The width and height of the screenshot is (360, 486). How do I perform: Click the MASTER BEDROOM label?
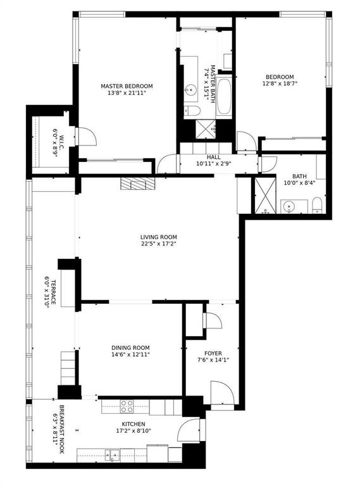pos(127,86)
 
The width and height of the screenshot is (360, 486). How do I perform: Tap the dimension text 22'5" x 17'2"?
pos(158,244)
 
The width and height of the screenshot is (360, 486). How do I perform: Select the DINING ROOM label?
pos(130,347)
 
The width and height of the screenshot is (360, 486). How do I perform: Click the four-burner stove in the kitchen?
pos(127,406)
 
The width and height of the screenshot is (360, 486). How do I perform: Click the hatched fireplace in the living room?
pos(137,184)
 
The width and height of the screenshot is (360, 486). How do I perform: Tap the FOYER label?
pos(213,353)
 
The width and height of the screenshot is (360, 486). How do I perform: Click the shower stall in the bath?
pos(264,196)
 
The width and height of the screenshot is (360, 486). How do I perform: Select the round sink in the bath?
pos(290,206)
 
